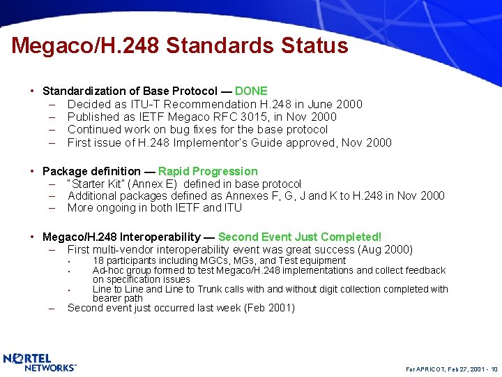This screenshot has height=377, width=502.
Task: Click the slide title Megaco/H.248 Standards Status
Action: tap(179, 46)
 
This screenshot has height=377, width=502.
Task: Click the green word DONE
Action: tap(251, 91)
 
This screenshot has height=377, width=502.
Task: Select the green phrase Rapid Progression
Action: tap(208, 171)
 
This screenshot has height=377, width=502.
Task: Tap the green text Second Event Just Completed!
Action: tap(300, 237)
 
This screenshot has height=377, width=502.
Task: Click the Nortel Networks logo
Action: tap(40, 362)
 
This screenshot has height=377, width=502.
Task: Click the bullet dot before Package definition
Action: tap(33, 172)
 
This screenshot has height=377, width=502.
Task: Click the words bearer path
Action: tap(118, 298)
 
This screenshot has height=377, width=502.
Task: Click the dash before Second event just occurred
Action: tap(53, 308)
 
